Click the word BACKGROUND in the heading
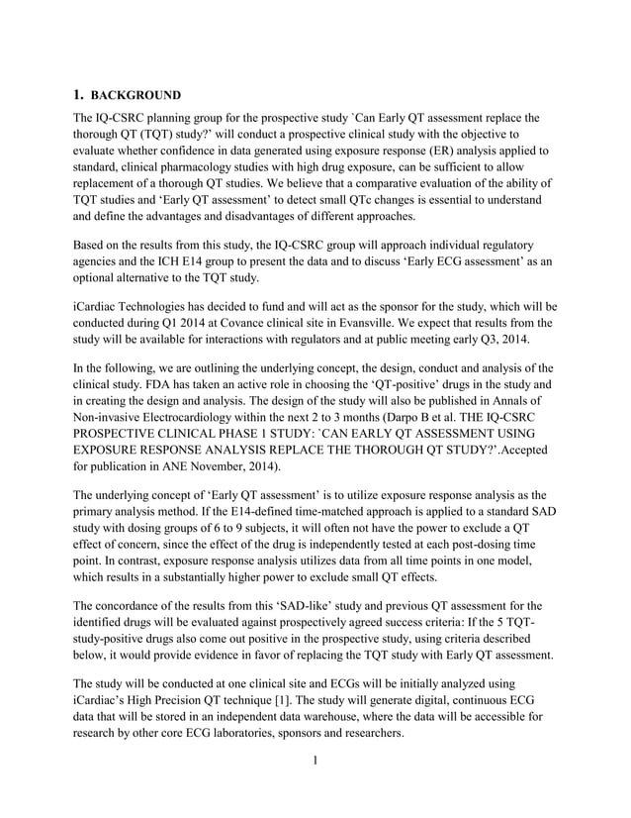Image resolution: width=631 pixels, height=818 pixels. [x=135, y=96]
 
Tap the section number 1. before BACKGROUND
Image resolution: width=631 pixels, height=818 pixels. [x=81, y=96]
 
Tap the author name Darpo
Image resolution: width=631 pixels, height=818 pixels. [x=407, y=417]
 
